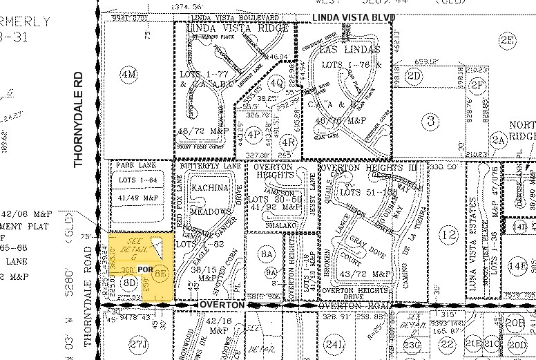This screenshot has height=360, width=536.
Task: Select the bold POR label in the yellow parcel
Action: click(146, 269)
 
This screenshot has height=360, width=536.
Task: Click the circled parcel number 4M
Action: click(128, 74)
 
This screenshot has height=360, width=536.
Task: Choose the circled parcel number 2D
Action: click(414, 75)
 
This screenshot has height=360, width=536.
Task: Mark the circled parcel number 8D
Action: click(129, 282)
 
